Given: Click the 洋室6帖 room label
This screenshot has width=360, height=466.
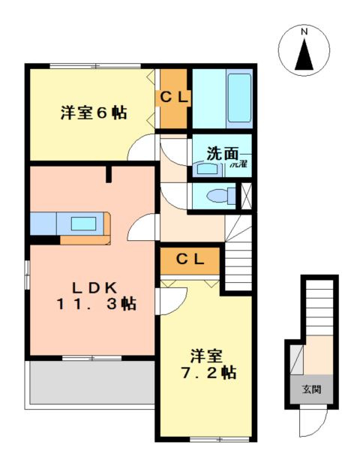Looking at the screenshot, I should pyautogui.click(x=93, y=113).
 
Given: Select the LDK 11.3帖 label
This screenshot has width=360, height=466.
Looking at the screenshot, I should pyautogui.click(x=94, y=295).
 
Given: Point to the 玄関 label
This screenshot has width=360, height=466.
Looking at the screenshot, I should pyautogui.click(x=310, y=389).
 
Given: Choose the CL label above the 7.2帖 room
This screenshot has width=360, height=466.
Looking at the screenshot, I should pyautogui.click(x=190, y=260).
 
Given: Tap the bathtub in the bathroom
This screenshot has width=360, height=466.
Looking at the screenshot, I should pyautogui.click(x=239, y=98).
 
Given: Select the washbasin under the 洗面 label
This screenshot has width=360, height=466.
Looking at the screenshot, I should pyautogui.click(x=204, y=169).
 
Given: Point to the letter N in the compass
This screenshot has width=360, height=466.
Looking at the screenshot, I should pyautogui.click(x=304, y=32).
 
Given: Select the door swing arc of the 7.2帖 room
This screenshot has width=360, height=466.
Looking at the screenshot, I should pyautogui.click(x=170, y=299).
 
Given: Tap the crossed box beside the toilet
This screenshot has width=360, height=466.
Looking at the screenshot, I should pyautogui.click(x=245, y=194).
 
